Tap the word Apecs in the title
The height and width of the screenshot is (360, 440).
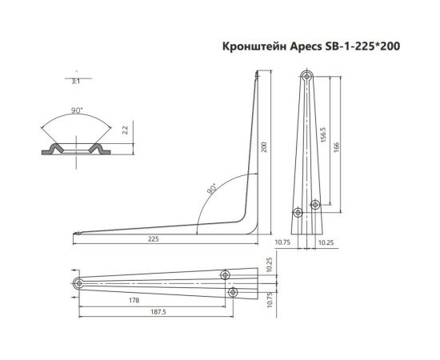click(305, 48)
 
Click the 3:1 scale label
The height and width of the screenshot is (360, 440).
click(75, 81)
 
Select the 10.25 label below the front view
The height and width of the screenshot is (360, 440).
click(327, 242)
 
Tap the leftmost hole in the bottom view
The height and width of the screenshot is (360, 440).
click(78, 284)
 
